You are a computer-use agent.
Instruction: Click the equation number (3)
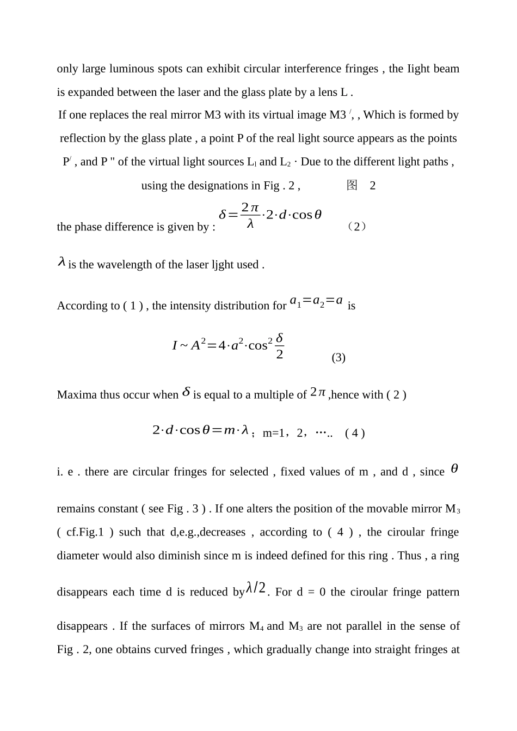pos(338,357)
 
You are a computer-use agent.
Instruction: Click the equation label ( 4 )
pos(354,433)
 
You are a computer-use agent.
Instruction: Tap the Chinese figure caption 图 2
pos(361,186)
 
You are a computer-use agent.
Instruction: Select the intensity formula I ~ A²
pos(228,345)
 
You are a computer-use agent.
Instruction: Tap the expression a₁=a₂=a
pos(316,301)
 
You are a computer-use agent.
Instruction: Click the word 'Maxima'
pos(77,395)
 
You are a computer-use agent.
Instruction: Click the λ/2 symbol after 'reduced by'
pos(256,588)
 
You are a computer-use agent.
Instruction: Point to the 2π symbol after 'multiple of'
pos(318,392)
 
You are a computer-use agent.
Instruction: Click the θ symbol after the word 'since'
pos(454,469)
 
